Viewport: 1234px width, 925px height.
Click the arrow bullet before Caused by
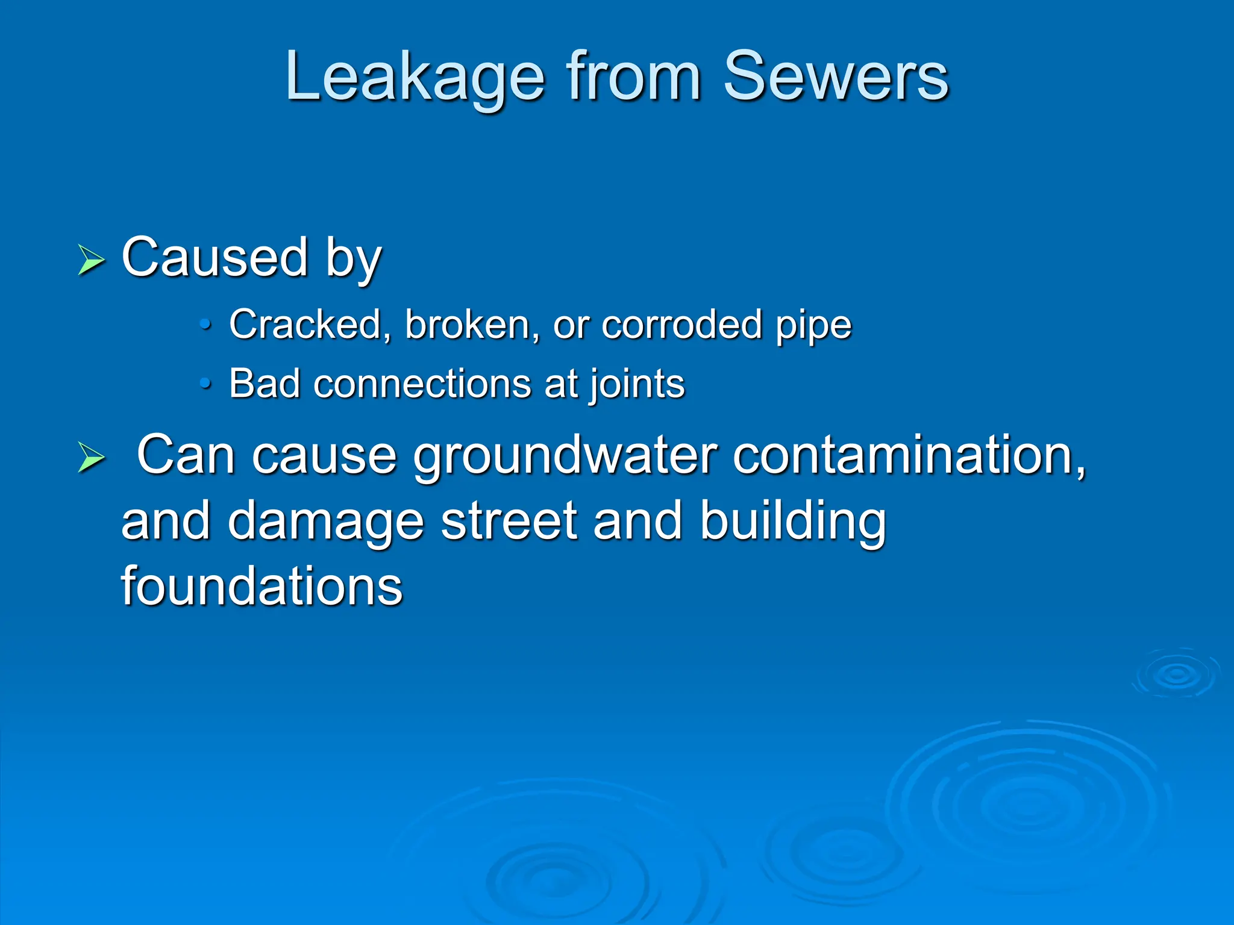[x=91, y=260]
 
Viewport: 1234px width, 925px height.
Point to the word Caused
[x=215, y=258]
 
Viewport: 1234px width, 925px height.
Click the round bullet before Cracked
[x=206, y=326]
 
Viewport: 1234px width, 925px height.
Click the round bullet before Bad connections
[x=206, y=384]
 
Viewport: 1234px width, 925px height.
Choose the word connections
[x=422, y=384]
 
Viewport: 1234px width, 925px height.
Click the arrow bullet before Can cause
[x=91, y=458]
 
